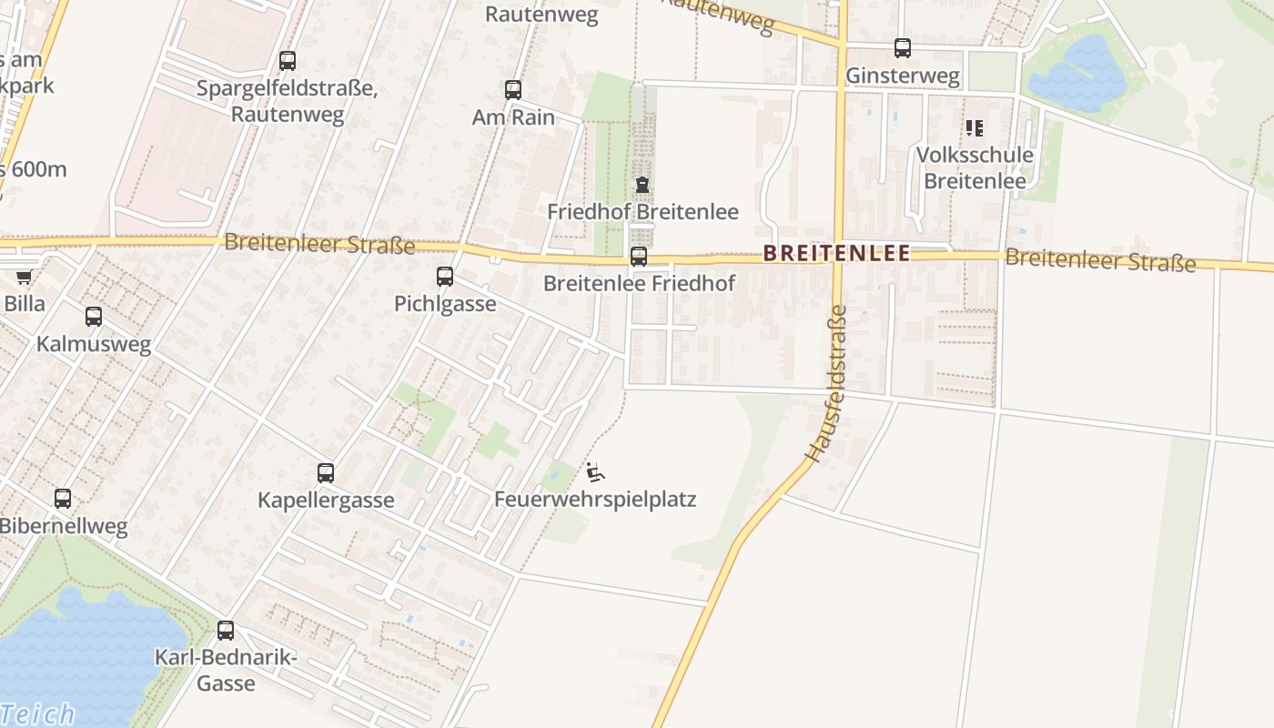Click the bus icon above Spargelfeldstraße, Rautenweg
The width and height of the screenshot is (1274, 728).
[x=288, y=61]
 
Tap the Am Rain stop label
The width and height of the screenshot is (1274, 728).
[x=513, y=116]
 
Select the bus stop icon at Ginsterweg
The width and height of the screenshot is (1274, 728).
[x=902, y=48]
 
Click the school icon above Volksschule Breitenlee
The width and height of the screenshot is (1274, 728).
[x=975, y=128]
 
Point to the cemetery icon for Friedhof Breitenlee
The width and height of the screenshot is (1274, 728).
[x=642, y=186]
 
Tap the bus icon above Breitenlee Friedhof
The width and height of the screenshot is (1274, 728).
[x=639, y=257]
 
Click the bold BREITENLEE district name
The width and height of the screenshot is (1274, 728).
[x=836, y=253]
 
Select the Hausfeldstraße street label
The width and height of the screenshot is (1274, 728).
[x=826, y=383]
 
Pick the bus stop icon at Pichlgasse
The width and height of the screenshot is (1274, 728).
[x=445, y=277]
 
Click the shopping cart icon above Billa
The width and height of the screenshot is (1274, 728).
[x=24, y=277]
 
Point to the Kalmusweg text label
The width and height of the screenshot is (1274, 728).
[x=93, y=344]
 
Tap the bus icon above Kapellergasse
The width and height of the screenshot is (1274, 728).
[x=326, y=473]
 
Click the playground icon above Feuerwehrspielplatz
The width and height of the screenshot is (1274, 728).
[x=595, y=472]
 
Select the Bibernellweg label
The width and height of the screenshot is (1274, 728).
[x=63, y=526]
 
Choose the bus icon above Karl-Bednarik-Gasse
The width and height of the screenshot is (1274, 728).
[x=226, y=631]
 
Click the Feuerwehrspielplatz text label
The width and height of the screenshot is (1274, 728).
[x=595, y=500]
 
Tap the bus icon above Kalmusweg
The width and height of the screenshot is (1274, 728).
[x=94, y=317]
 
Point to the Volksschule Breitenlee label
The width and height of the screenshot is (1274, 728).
[x=975, y=167]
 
